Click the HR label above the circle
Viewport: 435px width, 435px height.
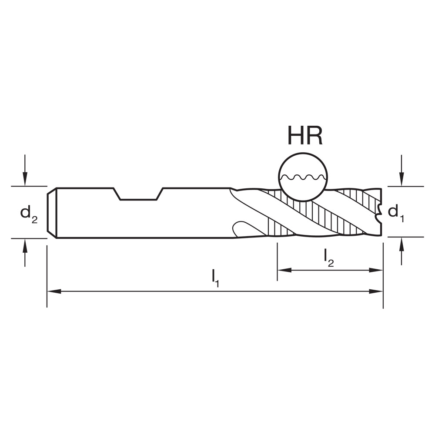[x=304, y=136]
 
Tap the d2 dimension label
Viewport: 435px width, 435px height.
[x=29, y=213]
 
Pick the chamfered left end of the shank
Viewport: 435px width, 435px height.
[x=52, y=213]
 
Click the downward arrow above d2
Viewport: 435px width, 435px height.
[x=25, y=178]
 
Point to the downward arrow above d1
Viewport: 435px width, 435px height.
[x=402, y=179]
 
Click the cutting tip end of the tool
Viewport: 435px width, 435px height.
[x=380, y=212]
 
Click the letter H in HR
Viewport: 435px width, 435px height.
[x=296, y=136]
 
